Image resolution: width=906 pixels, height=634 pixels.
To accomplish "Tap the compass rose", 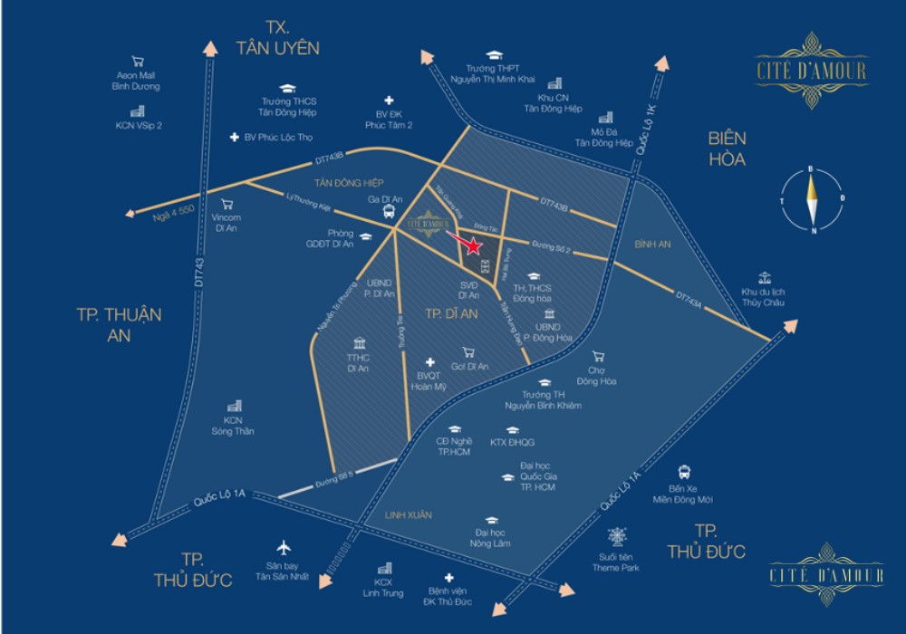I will [x=812, y=198].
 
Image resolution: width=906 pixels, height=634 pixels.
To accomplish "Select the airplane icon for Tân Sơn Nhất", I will [x=284, y=548].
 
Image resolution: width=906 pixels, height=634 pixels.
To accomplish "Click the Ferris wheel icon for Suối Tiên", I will [x=620, y=535].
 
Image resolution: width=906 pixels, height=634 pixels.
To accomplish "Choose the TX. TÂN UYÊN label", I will [x=277, y=36].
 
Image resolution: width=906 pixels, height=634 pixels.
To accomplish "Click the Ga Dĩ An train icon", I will [x=389, y=214].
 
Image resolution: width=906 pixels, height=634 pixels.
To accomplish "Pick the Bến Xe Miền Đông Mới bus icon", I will [x=687, y=471].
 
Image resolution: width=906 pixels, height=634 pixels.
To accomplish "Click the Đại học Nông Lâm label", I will [x=490, y=540].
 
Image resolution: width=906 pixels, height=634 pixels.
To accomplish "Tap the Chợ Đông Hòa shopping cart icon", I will [x=597, y=356].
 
